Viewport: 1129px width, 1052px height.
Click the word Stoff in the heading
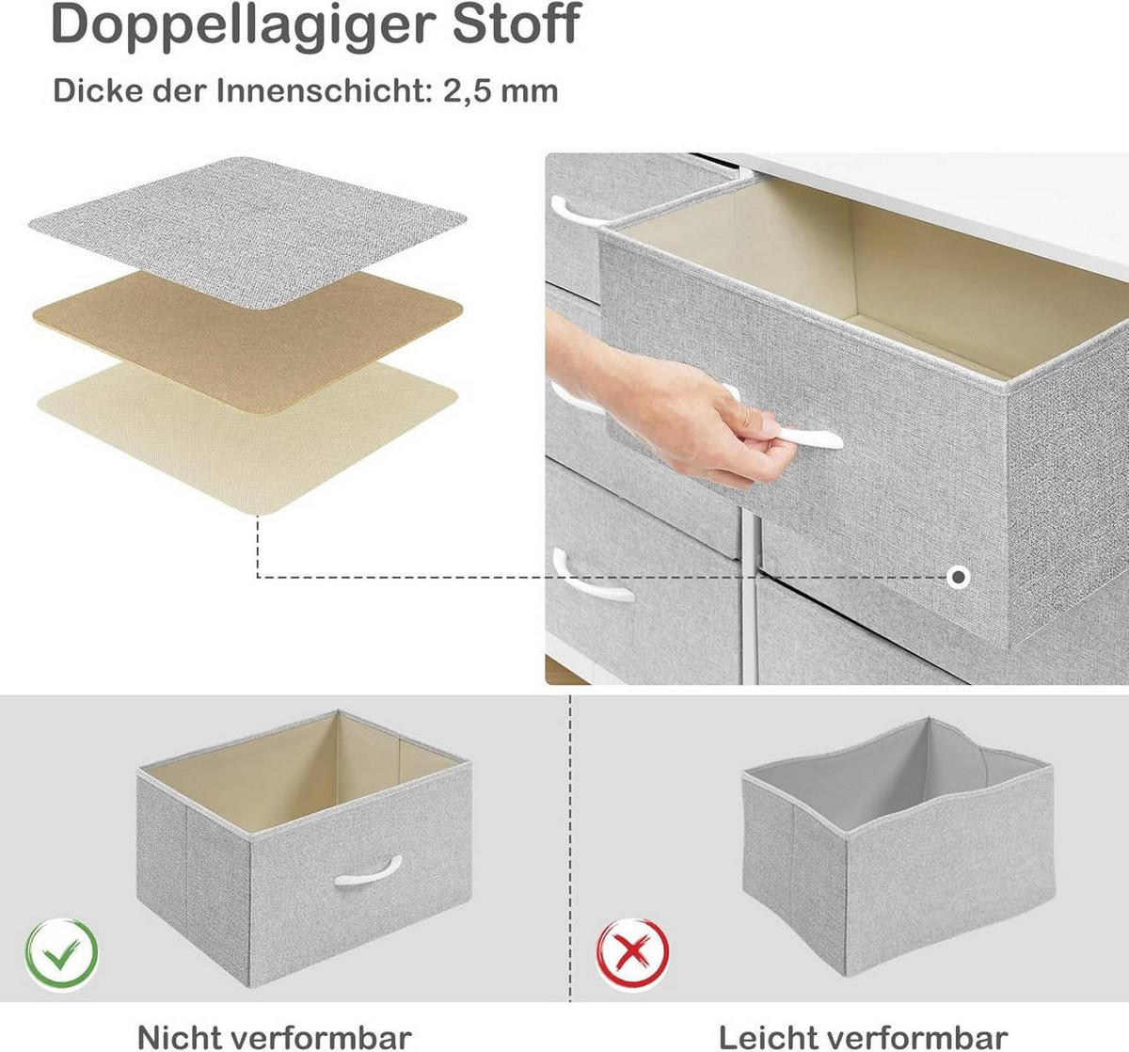coord(517,23)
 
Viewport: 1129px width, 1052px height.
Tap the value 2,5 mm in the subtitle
coord(501,91)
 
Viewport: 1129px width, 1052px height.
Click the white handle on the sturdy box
coord(368,871)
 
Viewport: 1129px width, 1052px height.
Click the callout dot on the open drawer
coord(959,577)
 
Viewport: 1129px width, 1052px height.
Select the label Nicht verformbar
coord(275,1038)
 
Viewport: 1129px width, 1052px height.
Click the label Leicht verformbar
coord(863,1038)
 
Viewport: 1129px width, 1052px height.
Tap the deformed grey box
coord(898,847)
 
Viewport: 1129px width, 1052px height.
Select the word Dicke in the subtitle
coord(99,91)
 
